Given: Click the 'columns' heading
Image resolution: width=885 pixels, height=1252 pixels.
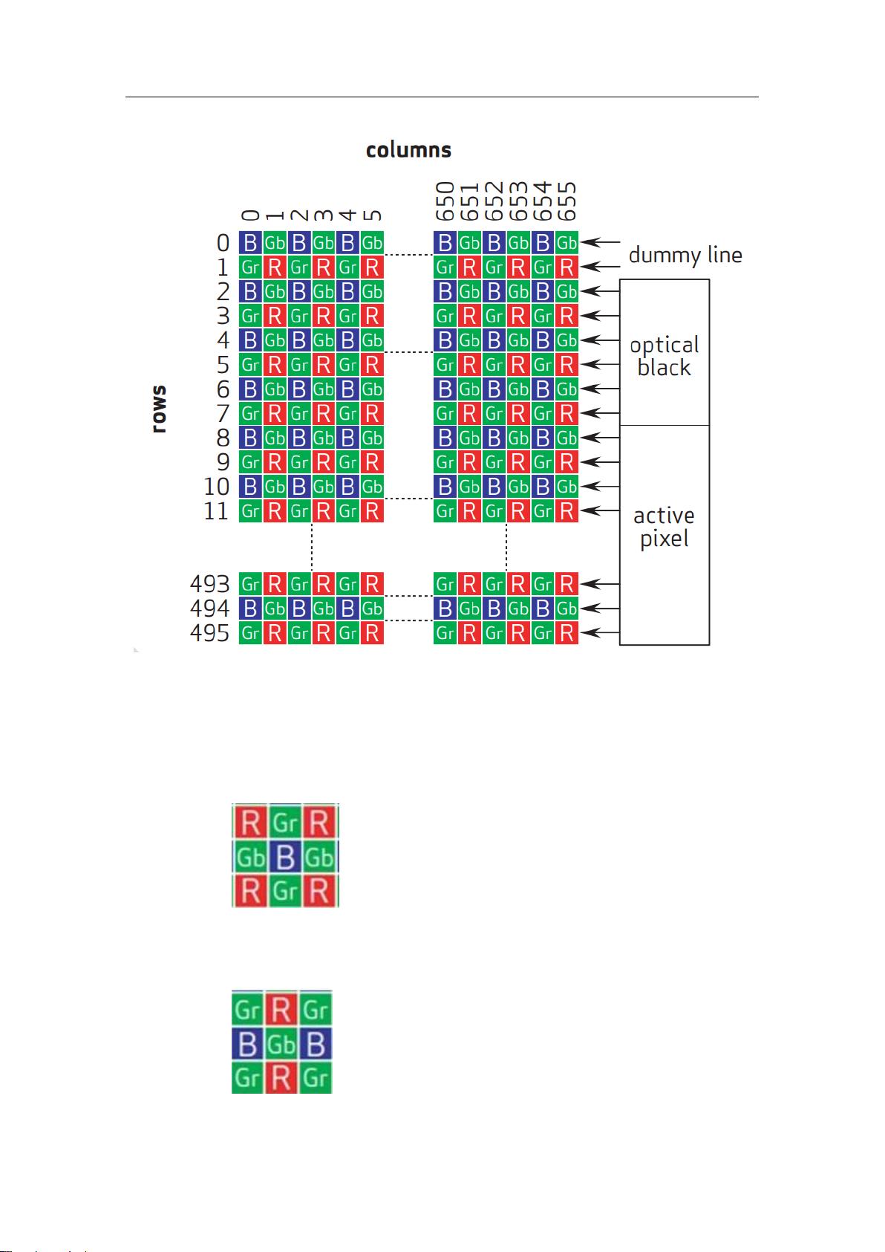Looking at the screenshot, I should pos(408,150).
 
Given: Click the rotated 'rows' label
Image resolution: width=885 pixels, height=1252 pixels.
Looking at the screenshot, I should pos(158,408).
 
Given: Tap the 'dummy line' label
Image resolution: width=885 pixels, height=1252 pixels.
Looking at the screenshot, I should pos(685,255).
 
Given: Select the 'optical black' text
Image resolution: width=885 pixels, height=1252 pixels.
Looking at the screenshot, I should pos(664,356).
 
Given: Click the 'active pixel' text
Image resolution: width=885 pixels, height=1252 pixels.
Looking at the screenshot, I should pos(664,526).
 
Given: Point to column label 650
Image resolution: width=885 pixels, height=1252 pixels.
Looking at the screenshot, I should pos(445,201).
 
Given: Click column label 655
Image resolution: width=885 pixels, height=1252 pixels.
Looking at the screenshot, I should pos(567,201).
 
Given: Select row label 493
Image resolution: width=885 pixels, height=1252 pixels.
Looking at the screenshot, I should pos(210,584).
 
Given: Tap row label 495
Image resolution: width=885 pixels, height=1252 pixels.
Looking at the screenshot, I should pos(210,633).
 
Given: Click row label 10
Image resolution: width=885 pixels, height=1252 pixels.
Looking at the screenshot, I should pos(217,487).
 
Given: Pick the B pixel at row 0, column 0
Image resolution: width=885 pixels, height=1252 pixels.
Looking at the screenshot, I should pos(250,242).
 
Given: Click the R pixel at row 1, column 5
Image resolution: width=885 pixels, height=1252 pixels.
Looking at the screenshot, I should pos(372,267).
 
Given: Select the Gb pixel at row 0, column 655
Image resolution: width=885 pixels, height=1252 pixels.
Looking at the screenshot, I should pos(567,242).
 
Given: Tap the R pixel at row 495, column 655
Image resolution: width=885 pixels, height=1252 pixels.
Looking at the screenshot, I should pos(567,633).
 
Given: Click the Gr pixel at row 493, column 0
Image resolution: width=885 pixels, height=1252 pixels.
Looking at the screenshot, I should pos(250,584).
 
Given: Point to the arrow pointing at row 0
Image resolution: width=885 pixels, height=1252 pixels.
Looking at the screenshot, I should pos(600,242).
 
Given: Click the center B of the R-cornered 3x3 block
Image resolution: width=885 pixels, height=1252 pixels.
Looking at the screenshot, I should pos(285,857).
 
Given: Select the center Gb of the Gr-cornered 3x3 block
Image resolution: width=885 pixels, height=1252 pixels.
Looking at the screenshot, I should pos(281,1045).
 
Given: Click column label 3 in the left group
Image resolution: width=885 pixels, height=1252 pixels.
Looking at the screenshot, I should pos(324,215).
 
